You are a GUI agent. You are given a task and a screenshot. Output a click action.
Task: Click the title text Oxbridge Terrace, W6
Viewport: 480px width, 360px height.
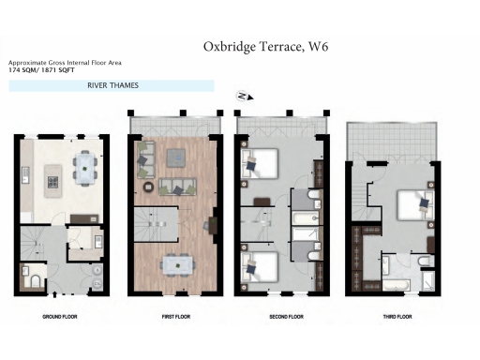pyautogui.click(x=265, y=46)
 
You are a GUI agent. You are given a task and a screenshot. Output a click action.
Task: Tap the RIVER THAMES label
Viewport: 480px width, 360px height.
pyautogui.click(x=112, y=85)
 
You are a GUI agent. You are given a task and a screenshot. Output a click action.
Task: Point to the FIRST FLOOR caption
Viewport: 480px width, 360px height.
pyautogui.click(x=174, y=317)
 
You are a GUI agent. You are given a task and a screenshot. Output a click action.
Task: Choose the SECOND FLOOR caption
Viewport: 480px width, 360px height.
pyautogui.click(x=285, y=317)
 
